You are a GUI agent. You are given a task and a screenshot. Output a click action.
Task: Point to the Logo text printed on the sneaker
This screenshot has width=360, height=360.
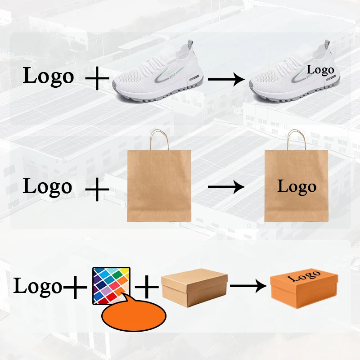(320, 70)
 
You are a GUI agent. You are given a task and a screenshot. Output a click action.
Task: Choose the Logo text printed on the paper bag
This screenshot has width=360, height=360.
(297, 186)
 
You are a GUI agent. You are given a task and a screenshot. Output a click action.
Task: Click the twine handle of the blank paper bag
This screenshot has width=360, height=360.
(159, 139)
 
